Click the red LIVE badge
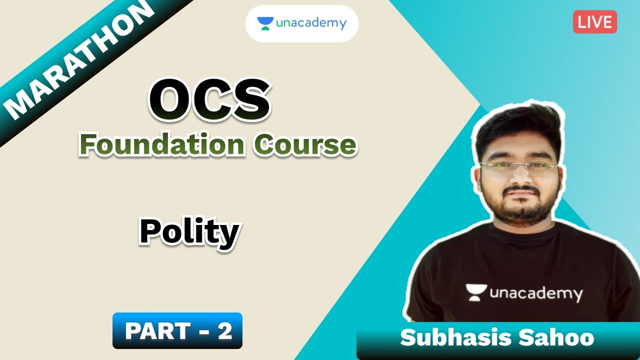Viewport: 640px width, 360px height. pos(595,22)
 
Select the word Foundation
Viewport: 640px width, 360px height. pos(162,144)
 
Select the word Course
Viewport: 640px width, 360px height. pos(304,144)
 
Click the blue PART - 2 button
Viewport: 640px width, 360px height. pos(177,330)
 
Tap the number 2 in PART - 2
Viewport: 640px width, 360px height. pos(224,330)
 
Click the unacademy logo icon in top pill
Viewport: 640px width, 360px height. pos(265,23)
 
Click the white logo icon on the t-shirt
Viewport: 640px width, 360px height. pos(476,292)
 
